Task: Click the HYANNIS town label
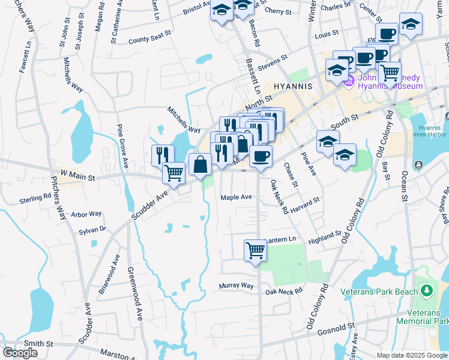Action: tap(293, 86)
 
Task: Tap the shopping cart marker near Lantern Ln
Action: tap(255, 250)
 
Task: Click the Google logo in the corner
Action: tap(20, 353)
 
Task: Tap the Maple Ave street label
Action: tap(236, 197)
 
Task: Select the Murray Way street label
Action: tap(237, 286)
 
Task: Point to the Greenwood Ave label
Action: tap(134, 293)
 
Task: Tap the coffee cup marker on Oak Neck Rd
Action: tap(261, 157)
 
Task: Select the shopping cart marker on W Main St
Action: tap(173, 173)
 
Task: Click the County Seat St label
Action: tap(150, 41)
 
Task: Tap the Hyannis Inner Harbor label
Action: tap(429, 132)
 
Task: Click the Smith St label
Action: tap(39, 344)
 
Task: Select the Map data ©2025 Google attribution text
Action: tap(412, 355)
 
